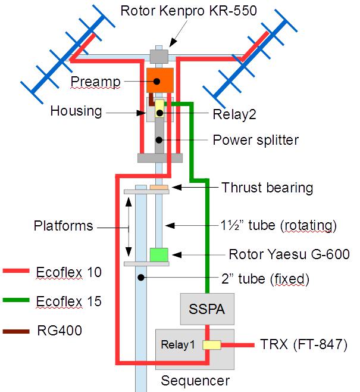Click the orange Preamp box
(x=159, y=80)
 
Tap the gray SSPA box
(x=206, y=310)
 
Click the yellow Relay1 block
(x=211, y=344)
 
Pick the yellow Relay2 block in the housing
(x=159, y=108)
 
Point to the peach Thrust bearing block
(x=159, y=188)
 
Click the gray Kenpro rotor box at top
(x=159, y=56)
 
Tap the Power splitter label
(x=255, y=140)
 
